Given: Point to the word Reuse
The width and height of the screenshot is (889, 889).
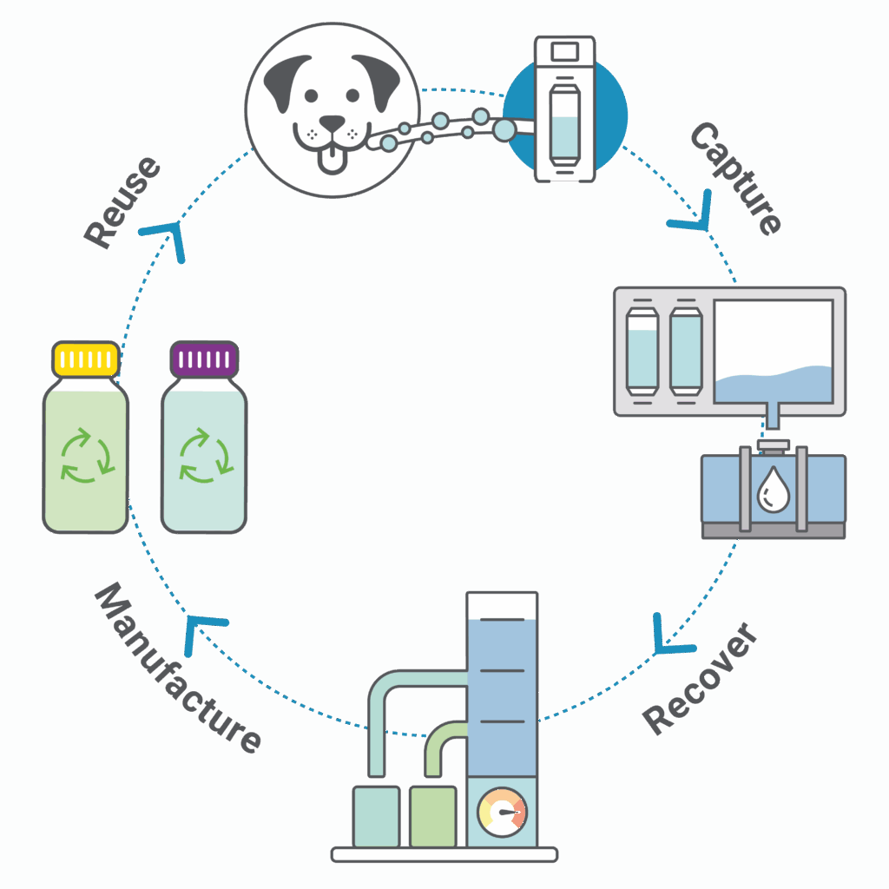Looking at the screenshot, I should click(122, 203).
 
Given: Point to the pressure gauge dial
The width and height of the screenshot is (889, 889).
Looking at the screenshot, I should click(503, 813).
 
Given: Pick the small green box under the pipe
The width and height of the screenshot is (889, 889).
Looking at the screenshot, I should click(432, 816).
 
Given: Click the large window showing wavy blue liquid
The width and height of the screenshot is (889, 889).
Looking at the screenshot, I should click(773, 352).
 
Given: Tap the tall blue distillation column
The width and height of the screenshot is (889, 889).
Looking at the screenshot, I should click(501, 686).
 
